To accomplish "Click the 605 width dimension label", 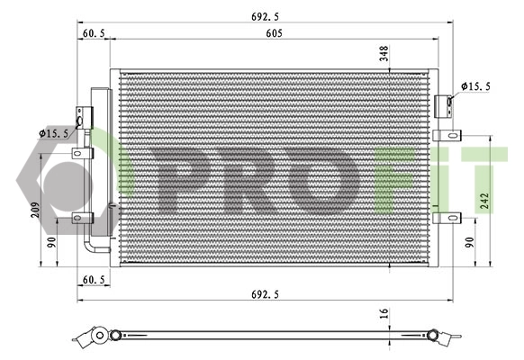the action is click(274, 33).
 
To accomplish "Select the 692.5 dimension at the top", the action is click(265, 16).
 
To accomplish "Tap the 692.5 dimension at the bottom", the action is click(265, 294).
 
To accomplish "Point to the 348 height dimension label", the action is click(384, 54).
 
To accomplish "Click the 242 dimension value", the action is click(484, 201).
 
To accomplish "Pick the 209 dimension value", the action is click(35, 210).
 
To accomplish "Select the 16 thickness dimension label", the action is click(384, 313).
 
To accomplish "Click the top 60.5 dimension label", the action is click(94, 33).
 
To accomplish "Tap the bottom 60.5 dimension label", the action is click(94, 280).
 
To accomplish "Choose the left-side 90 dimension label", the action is click(51, 242).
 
